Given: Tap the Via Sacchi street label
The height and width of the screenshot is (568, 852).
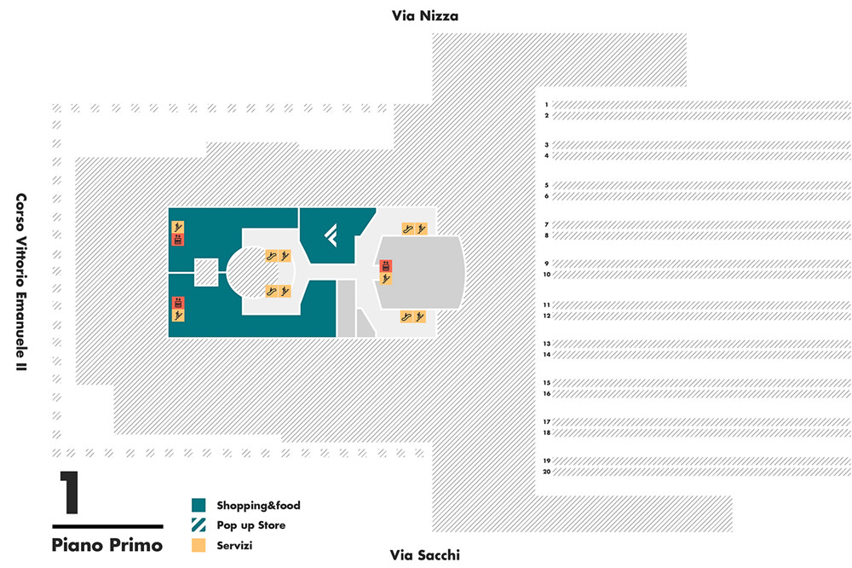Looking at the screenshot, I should point(424,555).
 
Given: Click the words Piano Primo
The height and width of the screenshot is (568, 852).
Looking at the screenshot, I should point(106,544).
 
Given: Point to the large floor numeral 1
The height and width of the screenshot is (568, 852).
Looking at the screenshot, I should point(69,494).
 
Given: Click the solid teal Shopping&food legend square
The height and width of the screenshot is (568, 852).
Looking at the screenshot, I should point(199,505).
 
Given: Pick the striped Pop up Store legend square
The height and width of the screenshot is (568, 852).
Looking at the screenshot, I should point(199,525).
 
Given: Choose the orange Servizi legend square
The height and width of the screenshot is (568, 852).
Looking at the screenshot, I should point(199,545).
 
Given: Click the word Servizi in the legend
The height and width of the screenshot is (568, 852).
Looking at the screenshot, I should point(235,545).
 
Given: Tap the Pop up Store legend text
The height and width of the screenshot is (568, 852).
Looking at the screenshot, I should point(250,525).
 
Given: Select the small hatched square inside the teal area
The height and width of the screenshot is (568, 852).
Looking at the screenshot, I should point(206,272).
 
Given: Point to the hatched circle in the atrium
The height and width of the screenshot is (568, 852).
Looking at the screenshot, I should point(260,272).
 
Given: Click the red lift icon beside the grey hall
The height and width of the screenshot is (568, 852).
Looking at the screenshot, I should point(385,267).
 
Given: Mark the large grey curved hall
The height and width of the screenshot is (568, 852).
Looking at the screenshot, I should point(422,272).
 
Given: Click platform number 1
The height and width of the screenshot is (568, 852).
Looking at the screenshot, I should point(547,104).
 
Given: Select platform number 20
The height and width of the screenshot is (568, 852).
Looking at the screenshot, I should point(547,472).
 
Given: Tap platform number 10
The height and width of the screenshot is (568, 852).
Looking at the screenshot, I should point(547,275).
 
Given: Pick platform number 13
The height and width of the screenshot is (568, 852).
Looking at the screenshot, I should point(547,344).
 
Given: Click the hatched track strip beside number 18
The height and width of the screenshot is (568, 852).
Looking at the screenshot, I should point(699,432).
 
